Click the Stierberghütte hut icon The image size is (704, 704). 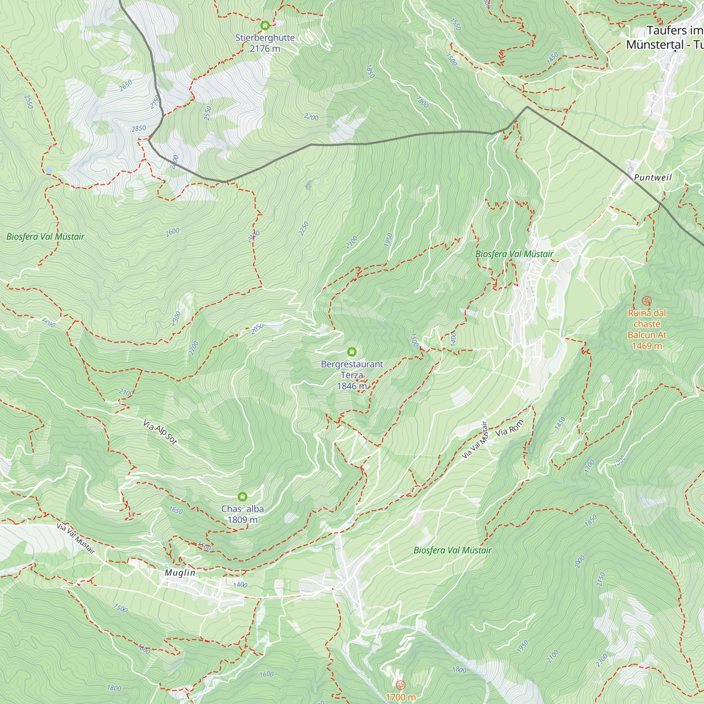click(265, 25)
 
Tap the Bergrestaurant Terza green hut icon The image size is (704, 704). click(352, 352)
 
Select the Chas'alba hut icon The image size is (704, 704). click(242, 497)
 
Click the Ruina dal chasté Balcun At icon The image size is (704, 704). click(647, 301)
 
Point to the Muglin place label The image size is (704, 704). click(180, 572)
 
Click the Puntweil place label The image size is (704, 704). click(653, 177)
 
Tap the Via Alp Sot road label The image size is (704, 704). click(159, 432)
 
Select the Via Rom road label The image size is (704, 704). click(509, 428)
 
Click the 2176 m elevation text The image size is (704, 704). click(265, 49)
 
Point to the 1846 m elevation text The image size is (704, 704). click(352, 386)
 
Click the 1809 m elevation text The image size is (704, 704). click(242, 520)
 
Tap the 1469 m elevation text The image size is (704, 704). click(647, 346)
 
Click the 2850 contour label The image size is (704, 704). click(138, 128)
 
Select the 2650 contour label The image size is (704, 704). click(126, 86)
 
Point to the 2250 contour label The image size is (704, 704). click(303, 228)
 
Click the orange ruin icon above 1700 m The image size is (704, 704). click(401, 685)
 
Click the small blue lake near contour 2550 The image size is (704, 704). click(49, 170)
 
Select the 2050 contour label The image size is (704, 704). click(257, 328)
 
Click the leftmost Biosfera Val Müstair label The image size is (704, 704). click(45, 237)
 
